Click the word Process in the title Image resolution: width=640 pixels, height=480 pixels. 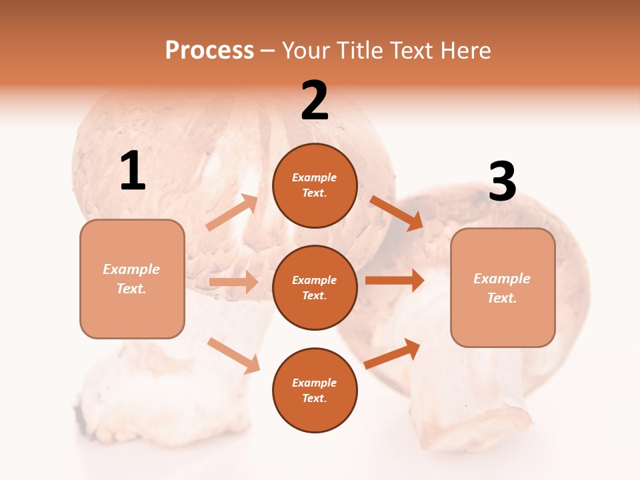pyautogui.click(x=209, y=50)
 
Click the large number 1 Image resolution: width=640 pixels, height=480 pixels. pyautogui.click(x=133, y=172)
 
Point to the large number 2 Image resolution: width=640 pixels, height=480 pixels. pyautogui.click(x=315, y=101)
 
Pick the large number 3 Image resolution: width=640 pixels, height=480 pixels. pyautogui.click(x=502, y=182)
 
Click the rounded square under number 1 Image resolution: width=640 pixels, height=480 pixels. pyautogui.click(x=132, y=279)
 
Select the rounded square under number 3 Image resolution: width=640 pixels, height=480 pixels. pyautogui.click(x=503, y=288)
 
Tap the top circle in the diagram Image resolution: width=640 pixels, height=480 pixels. pyautogui.click(x=315, y=185)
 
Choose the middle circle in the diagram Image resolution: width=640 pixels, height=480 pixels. pyautogui.click(x=315, y=287)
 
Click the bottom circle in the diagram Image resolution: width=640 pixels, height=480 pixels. pyautogui.click(x=315, y=390)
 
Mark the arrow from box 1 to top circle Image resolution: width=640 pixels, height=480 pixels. pyautogui.click(x=232, y=213)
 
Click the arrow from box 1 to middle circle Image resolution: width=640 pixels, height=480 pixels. pyautogui.click(x=233, y=282)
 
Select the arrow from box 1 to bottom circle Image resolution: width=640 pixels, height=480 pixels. pyautogui.click(x=233, y=355)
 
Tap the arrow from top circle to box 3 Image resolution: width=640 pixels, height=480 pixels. pyautogui.click(x=396, y=213)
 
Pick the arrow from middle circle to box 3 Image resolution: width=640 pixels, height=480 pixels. pyautogui.click(x=395, y=280)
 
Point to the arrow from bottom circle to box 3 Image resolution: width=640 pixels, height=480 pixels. pyautogui.click(x=393, y=353)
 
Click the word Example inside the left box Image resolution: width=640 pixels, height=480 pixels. pyautogui.click(x=131, y=269)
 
